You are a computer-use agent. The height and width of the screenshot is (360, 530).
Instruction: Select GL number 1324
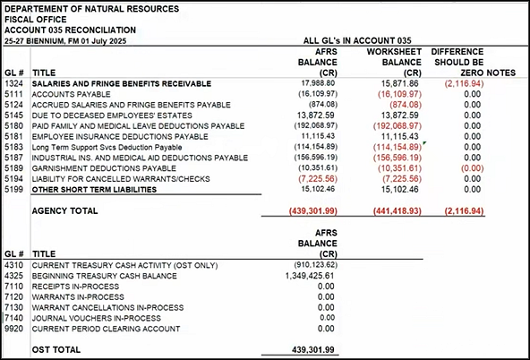click(x=13, y=83)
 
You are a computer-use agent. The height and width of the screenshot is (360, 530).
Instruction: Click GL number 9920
click(x=13, y=329)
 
